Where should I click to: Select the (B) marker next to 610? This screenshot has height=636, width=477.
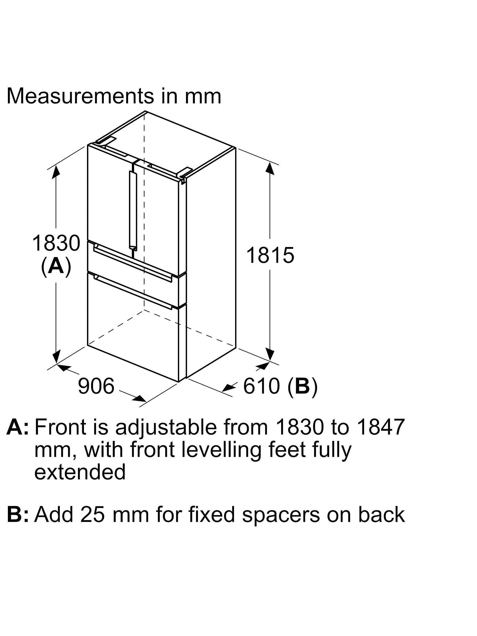(x=303, y=386)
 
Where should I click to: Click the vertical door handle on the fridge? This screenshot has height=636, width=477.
(x=133, y=211)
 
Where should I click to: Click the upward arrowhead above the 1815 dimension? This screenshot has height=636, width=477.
(x=270, y=168)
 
